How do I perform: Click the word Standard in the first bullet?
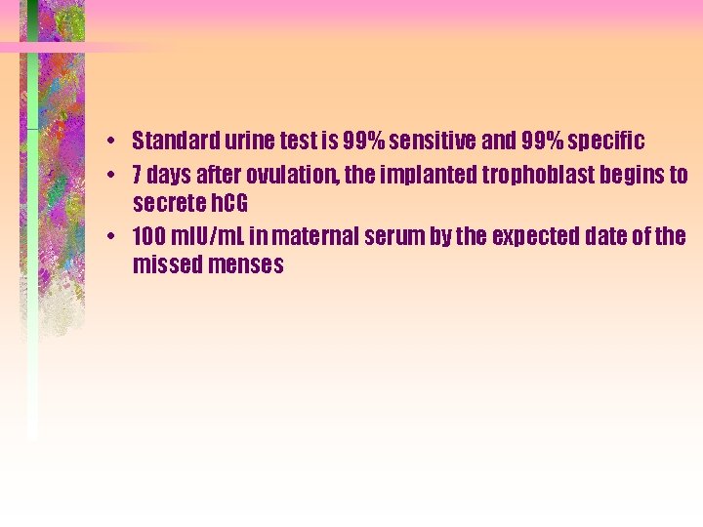172,142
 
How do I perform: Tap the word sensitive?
431,142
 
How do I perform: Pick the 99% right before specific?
540,142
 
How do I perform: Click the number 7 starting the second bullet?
139,176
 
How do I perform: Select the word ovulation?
280,176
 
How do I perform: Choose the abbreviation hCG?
228,204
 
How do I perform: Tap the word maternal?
315,237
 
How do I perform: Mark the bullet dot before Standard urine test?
114,139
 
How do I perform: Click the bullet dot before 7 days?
114,174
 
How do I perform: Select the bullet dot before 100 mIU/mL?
114,235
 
